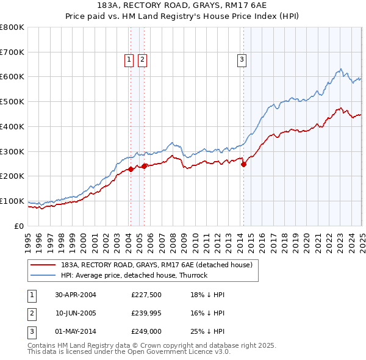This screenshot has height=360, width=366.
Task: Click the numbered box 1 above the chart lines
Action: tap(129, 59)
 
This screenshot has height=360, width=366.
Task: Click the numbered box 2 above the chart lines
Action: tap(142, 59)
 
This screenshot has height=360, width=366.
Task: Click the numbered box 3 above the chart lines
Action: tap(242, 59)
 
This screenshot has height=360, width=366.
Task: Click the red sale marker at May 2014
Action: tap(243, 164)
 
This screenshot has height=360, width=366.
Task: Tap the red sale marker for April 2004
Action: tap(131, 169)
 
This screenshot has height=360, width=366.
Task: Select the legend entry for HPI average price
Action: tap(134, 275)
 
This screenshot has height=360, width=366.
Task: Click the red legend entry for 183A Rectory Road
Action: tap(152, 265)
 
